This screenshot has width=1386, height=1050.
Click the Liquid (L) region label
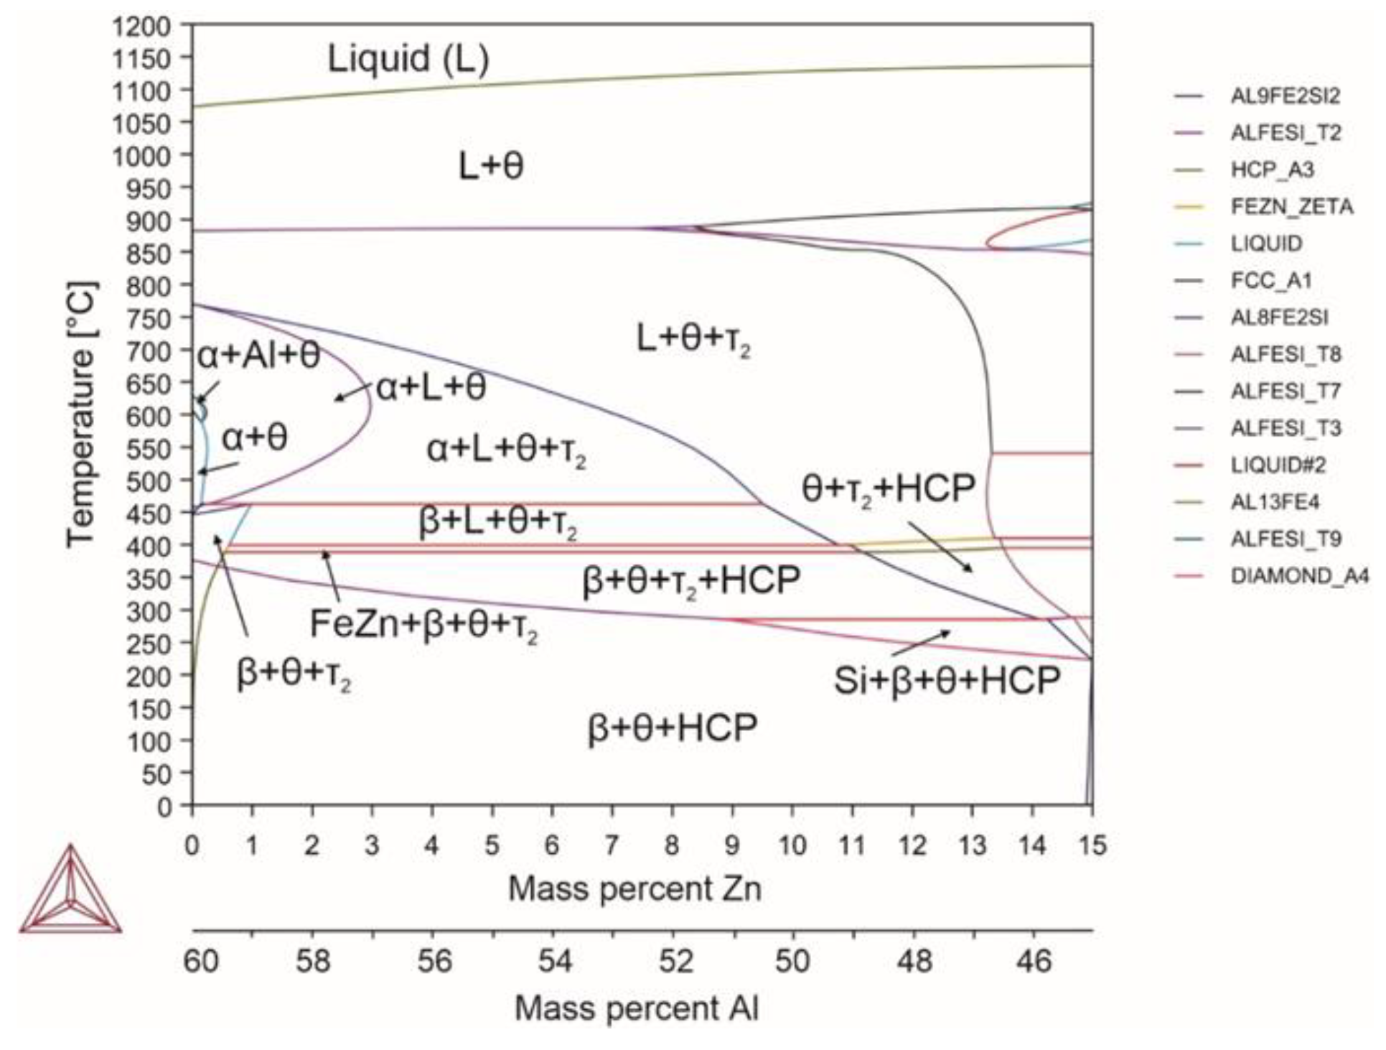pyautogui.click(x=408, y=59)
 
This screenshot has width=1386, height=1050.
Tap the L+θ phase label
pyautogui.click(x=491, y=167)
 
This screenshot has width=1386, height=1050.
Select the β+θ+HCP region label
pyautogui.click(x=673, y=728)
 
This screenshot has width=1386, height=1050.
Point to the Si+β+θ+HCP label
pyautogui.click(x=946, y=680)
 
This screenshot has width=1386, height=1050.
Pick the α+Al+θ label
pyautogui.click(x=258, y=356)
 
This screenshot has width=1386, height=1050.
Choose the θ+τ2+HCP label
pyautogui.click(x=888, y=490)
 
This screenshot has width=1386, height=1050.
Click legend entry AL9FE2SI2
pyautogui.click(x=1285, y=96)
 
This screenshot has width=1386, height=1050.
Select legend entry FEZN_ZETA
pyautogui.click(x=1291, y=207)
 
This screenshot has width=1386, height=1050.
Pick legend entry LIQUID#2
pyautogui.click(x=1278, y=465)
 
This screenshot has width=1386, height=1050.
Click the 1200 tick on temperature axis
pyautogui.click(x=151, y=27)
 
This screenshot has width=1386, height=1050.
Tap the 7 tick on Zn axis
pyautogui.click(x=612, y=845)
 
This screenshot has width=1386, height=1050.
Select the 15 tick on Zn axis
pyautogui.click(x=1092, y=845)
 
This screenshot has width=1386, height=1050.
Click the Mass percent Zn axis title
pyautogui.click(x=635, y=889)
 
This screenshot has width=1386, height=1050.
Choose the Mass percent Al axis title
pyautogui.click(x=636, y=1008)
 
